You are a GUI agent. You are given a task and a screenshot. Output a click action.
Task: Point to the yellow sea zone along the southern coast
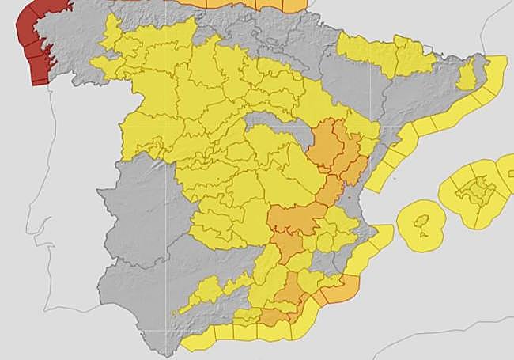237,336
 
